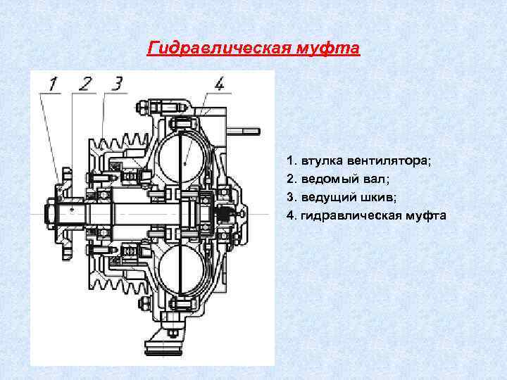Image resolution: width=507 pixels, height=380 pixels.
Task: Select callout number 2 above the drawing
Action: coord(85,85)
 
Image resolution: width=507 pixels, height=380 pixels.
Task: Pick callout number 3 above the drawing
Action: coord(116,85)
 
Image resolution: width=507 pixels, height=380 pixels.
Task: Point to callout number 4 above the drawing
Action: coord(220,85)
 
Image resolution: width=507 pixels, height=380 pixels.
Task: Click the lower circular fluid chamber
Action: coord(184,267)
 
